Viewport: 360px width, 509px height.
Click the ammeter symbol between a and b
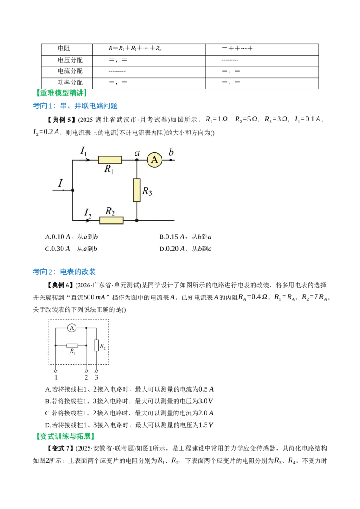tap(154, 160)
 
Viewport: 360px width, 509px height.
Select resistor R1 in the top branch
tap(110, 160)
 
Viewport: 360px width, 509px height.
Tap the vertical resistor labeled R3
tap(137, 190)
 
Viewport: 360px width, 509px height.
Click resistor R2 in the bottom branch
tap(112, 220)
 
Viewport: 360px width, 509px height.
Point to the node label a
tap(137, 152)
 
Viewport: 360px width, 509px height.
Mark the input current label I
tap(60, 183)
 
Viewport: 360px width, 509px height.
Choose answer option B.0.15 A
tap(185, 237)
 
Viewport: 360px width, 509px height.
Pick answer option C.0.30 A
tap(71, 249)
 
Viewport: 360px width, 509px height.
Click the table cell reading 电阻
tap(64, 49)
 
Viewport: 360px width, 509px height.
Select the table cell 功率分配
tap(70, 82)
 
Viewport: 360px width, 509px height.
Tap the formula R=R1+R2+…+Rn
tap(135, 49)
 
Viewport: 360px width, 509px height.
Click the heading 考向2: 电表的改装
tap(64, 272)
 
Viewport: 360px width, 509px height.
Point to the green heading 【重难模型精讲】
tap(61, 93)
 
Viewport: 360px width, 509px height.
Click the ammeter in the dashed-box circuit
tap(72, 328)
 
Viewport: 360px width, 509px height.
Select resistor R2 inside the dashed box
tap(96, 345)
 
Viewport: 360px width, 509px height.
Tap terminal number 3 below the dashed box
tap(96, 377)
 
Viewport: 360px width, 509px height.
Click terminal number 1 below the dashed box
tap(56, 377)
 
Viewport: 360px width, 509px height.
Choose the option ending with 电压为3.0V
tap(129, 401)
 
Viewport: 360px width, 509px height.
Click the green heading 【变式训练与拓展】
tap(65, 437)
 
